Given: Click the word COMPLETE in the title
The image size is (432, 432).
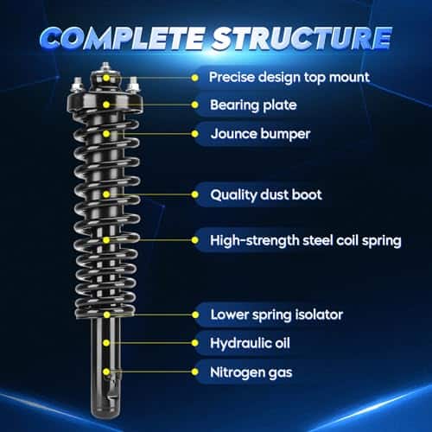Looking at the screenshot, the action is tap(123, 38).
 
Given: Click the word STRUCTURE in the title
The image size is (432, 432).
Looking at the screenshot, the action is tap(302, 38).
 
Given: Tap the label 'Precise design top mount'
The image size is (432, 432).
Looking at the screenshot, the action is tap(289, 77).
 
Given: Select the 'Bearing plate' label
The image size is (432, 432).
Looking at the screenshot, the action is tap(253, 105).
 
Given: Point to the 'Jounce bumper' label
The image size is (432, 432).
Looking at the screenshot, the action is tap(260, 134).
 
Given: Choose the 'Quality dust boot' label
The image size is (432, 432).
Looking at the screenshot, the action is tap(266, 195).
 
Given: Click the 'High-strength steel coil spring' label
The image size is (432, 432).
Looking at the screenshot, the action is tap(306, 240).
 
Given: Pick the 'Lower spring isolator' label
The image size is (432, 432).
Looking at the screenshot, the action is tap(276, 314).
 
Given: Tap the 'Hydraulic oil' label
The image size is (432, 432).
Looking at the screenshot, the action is tap(250, 343).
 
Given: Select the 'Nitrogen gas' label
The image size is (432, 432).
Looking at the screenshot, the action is tap(251, 372).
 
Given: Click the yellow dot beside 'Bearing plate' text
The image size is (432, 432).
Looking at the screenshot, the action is tap(195, 105).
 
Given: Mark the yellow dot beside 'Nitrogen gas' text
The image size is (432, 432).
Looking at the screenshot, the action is tap(195, 372).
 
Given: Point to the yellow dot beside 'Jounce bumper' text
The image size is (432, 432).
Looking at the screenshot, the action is tap(195, 134).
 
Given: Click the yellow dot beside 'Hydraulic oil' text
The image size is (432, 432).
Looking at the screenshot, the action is tap(195, 343).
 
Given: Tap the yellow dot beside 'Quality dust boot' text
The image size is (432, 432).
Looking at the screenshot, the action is tap(195, 194).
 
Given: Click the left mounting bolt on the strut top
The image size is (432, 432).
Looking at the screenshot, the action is tap(77, 85).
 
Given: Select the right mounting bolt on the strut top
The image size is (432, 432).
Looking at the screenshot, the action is tap(133, 85).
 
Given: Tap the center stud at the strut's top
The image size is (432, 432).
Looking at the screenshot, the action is tap(105, 67).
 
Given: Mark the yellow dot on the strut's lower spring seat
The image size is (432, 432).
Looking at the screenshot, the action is tap(106, 314).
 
